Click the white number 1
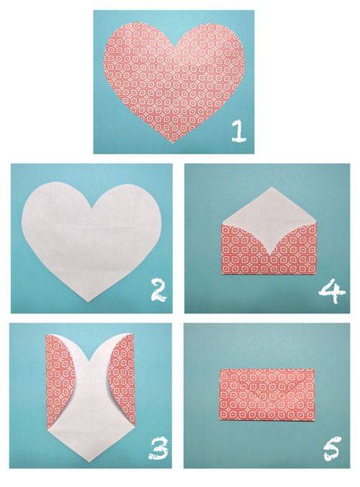pyautogui.click(x=238, y=131)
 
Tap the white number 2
pyautogui.click(x=158, y=291)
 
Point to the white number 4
pyautogui.click(x=332, y=291)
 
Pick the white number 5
pyautogui.click(x=332, y=448)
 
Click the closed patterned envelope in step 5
pyautogui.click(x=266, y=393)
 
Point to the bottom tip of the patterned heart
pyautogui.click(x=172, y=143)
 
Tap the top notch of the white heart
pyautogui.click(x=92, y=207)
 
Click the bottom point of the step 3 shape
pyautogui.click(x=89, y=462)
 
